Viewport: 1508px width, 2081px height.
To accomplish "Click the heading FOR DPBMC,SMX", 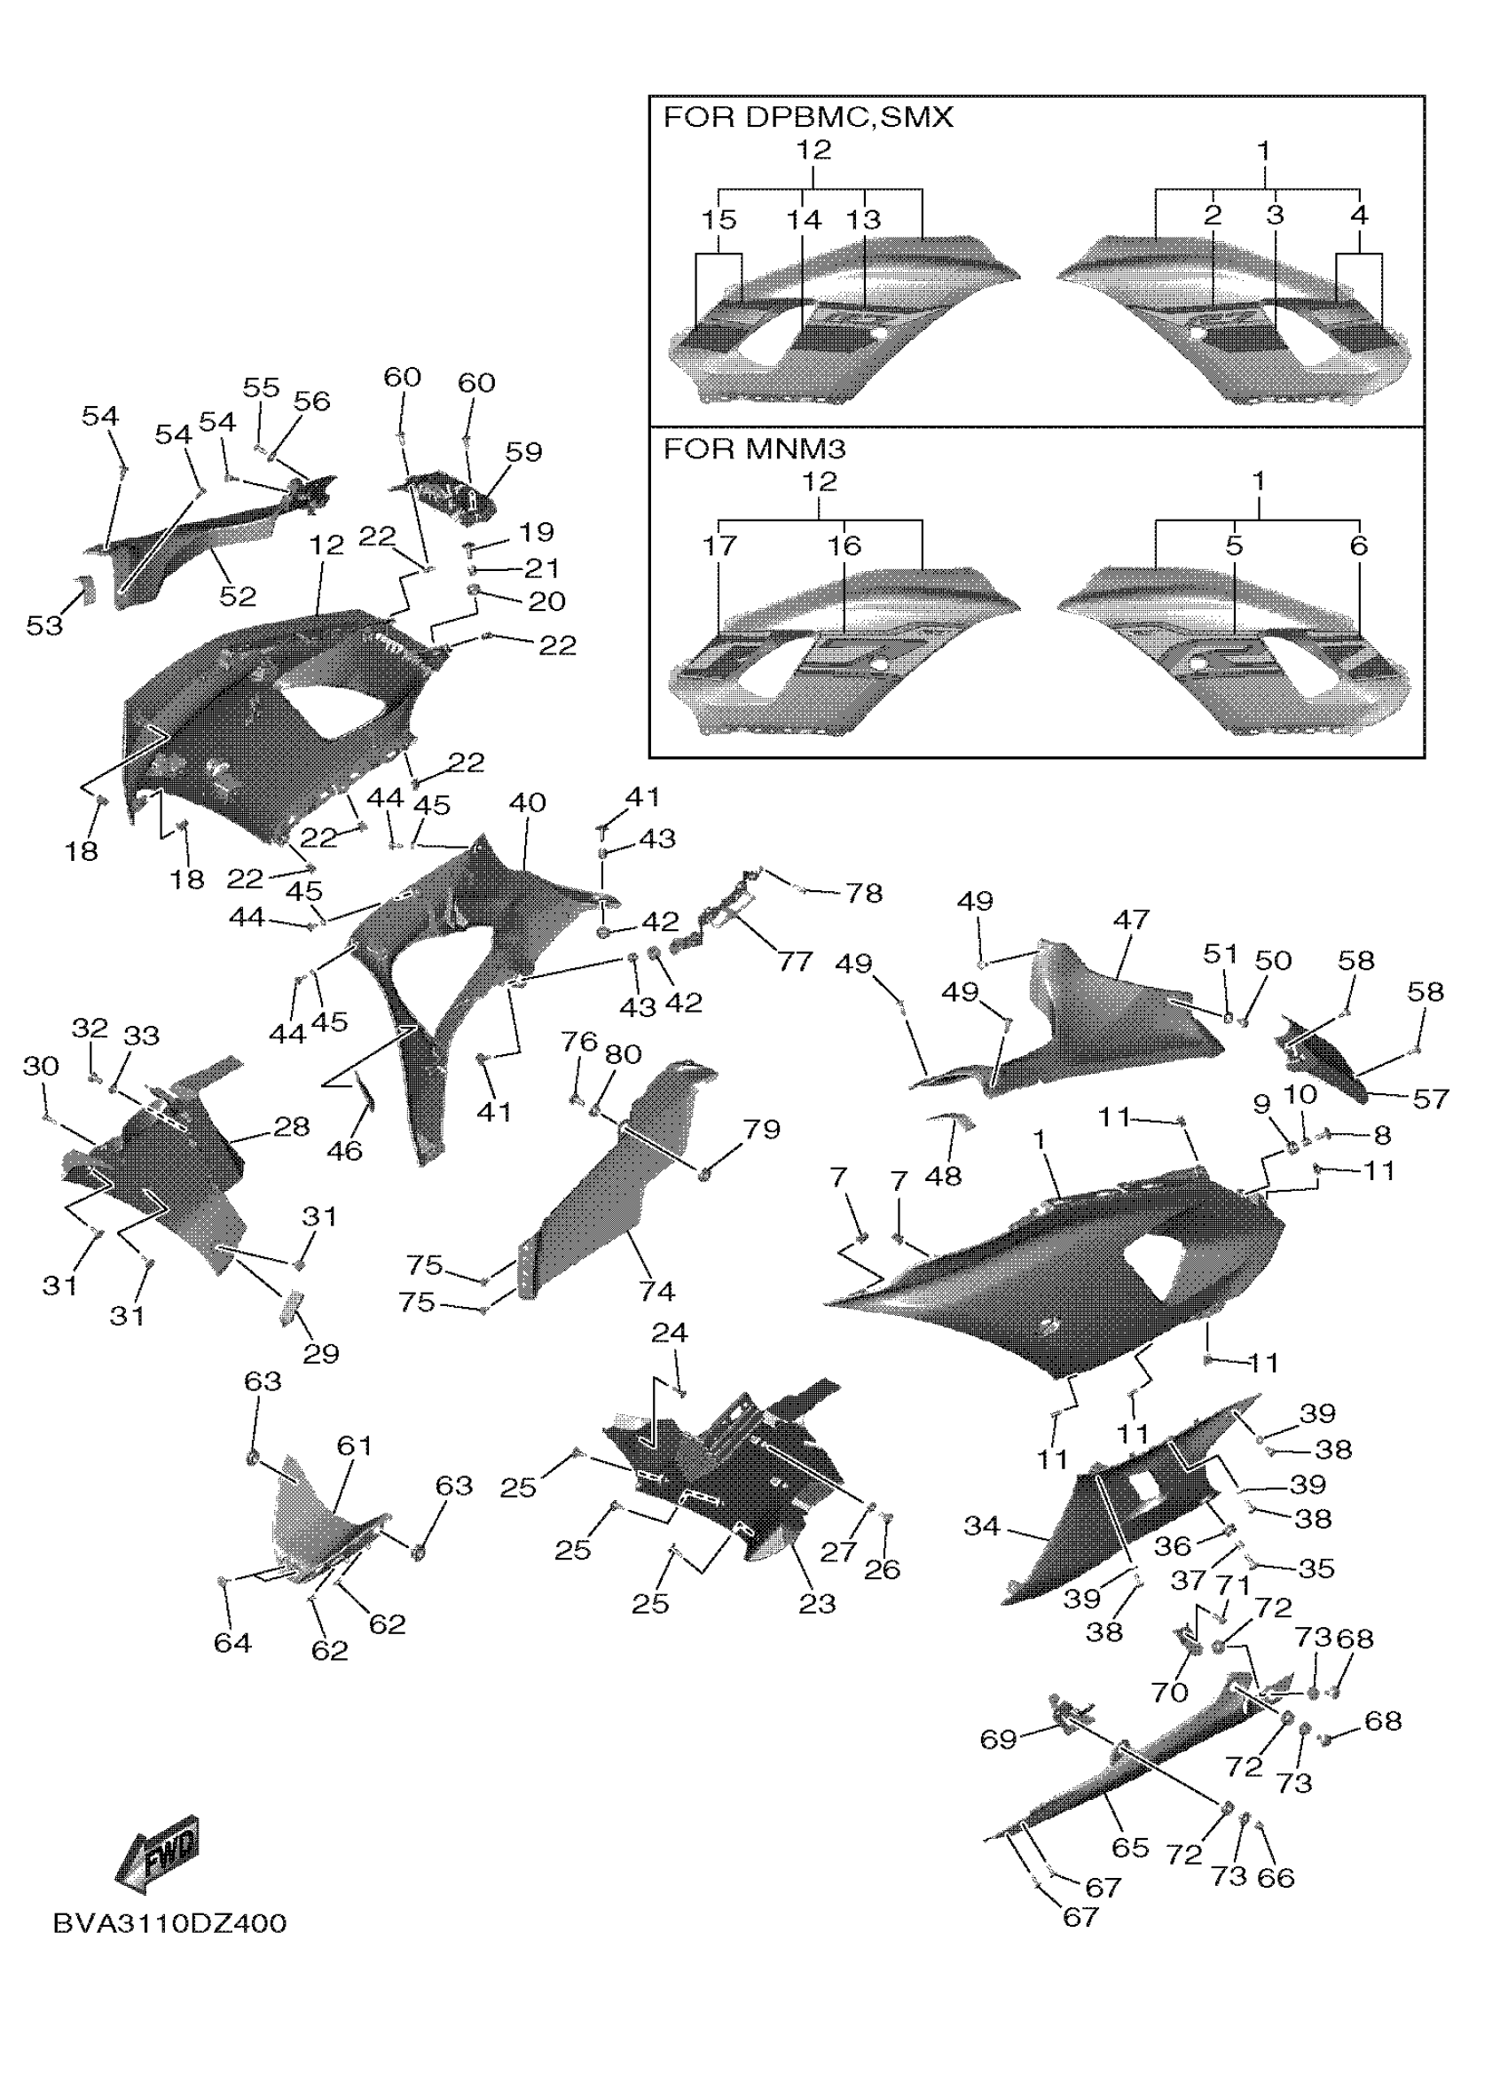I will [x=808, y=117].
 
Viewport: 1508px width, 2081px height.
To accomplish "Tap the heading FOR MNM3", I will [x=755, y=449].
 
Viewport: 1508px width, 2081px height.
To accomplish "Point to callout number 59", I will [x=523, y=451].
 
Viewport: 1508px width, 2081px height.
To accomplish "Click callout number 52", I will [x=237, y=597].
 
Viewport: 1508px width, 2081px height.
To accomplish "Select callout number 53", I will [x=44, y=626].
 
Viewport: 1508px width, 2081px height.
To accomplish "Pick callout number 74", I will [x=656, y=1292].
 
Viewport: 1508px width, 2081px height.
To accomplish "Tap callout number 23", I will [x=816, y=1603].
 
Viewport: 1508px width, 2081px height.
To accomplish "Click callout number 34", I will [x=981, y=1527].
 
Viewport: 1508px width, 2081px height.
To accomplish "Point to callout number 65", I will [x=1130, y=1847].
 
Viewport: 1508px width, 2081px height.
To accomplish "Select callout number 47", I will [x=1131, y=919].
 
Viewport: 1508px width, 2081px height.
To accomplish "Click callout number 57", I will [x=1430, y=1099].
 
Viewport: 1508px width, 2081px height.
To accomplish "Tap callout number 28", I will [x=292, y=1126].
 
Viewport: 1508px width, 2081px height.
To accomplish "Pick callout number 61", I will [x=354, y=1446].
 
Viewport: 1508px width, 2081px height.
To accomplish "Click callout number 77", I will [x=795, y=962].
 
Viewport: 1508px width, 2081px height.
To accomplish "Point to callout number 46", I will [x=344, y=1151].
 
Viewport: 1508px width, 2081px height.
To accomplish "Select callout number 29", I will [x=320, y=1353].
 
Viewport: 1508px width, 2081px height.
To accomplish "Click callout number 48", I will [x=943, y=1176].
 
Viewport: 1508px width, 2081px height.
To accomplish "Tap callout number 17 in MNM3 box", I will [x=719, y=546].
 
